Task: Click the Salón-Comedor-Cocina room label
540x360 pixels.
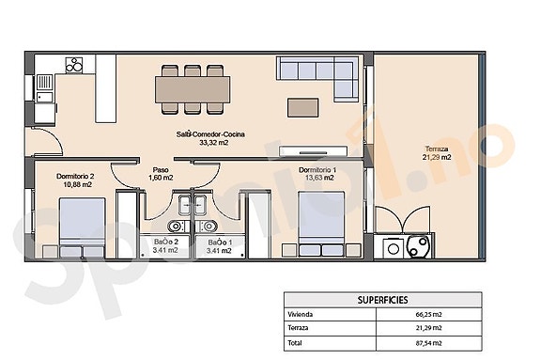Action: coord(210,133)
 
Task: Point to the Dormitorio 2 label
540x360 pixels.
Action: coord(74,176)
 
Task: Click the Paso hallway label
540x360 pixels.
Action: coord(162,170)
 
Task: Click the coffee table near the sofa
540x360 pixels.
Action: coord(303,104)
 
